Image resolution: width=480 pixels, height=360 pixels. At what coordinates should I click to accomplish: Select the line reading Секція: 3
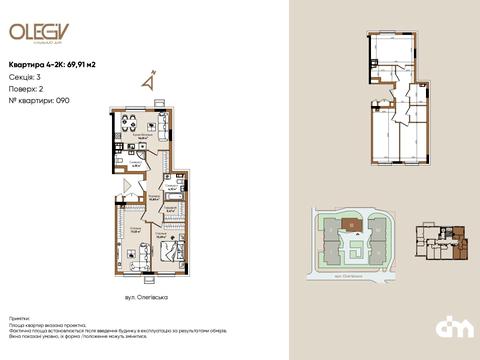click(x=26, y=76)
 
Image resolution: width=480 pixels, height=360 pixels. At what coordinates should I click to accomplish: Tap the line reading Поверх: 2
click(x=26, y=88)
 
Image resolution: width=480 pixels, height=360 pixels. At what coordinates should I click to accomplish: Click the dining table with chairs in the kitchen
click(x=124, y=126)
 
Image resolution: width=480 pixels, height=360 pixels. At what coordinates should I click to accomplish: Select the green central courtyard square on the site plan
click(x=353, y=239)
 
